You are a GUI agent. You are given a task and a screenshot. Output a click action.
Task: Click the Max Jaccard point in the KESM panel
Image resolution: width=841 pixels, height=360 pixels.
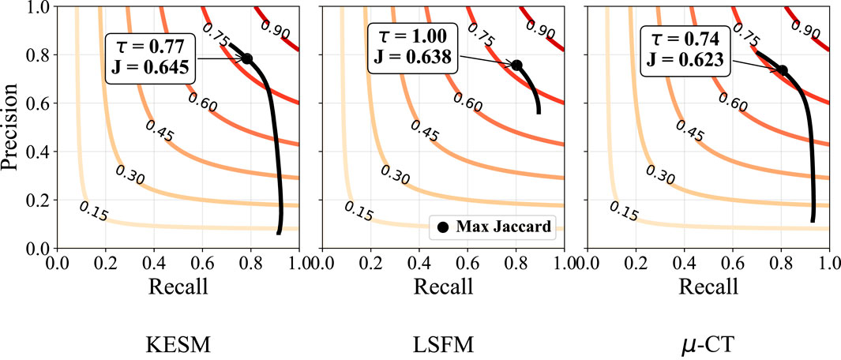coord(247,59)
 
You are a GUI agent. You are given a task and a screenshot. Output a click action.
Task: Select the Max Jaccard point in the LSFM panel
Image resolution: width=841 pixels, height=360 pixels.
coord(517,65)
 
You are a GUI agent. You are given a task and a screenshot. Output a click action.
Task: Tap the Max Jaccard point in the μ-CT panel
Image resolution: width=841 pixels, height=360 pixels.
coord(783,70)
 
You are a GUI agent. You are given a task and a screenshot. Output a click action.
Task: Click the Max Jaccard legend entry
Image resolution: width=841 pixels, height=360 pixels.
coord(495,227)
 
